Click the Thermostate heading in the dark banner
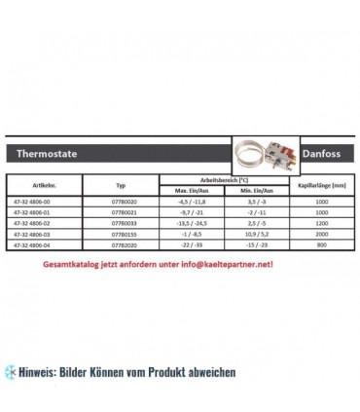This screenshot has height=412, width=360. (54, 154)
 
